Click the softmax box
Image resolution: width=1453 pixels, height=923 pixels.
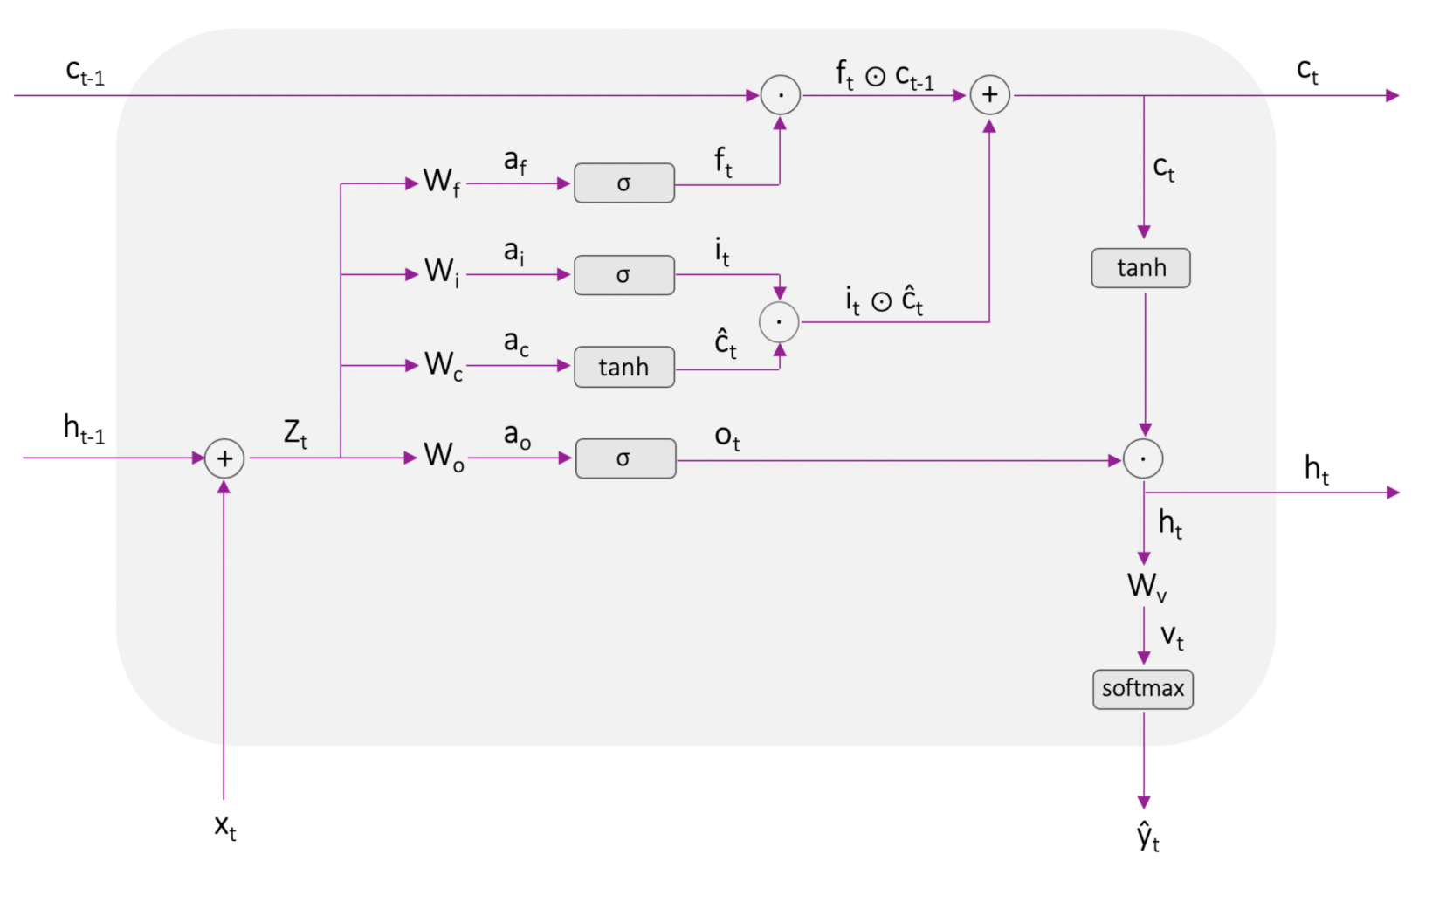[1142, 689]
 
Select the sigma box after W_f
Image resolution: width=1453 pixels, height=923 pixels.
[623, 183]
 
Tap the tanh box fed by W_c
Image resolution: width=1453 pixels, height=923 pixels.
[623, 367]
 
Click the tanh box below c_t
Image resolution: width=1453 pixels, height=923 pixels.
[1140, 268]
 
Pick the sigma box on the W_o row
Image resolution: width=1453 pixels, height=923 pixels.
[624, 458]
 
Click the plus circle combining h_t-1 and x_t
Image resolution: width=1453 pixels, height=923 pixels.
[224, 458]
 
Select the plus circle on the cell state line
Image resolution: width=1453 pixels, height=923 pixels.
[989, 95]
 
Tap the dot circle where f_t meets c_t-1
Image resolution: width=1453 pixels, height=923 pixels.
[780, 95]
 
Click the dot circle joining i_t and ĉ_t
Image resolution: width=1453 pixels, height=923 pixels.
[779, 322]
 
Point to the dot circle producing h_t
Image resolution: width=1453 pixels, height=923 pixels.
[1142, 458]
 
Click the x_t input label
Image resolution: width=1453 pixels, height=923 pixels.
[225, 826]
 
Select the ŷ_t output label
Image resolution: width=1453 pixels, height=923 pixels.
[1147, 837]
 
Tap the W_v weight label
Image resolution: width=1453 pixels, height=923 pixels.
[1146, 587]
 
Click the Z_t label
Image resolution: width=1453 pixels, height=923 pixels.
[295, 434]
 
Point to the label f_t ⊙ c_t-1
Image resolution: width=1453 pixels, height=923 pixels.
[884, 76]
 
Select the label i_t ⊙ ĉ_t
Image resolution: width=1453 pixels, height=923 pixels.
[884, 300]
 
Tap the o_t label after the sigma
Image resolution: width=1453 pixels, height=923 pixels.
[726, 437]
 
